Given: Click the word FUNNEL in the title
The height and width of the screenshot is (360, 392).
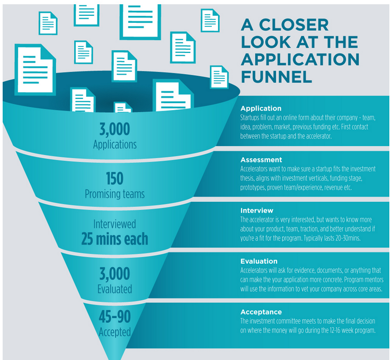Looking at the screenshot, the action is [277, 76].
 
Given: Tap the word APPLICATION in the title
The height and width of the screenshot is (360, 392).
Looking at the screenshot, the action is [300, 59].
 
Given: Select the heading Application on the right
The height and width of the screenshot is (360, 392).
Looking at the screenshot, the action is [261, 109].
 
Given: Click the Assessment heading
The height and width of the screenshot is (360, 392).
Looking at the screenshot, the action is [261, 160].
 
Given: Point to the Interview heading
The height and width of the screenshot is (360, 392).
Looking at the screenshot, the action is [257, 210].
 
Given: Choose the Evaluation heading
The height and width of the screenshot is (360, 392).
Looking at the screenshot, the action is [259, 262].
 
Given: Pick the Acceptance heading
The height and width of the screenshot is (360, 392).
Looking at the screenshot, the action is [261, 312].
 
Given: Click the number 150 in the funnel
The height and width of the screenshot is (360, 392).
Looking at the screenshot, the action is [114, 178].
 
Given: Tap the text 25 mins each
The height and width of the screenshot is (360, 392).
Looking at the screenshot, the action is [115, 239].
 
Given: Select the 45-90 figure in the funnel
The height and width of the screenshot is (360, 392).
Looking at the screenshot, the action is [115, 317].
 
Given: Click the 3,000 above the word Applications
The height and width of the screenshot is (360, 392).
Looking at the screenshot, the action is [115, 129].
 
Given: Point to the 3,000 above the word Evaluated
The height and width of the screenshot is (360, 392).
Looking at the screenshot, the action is [115, 274].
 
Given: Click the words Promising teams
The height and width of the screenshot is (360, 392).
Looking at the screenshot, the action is [115, 194].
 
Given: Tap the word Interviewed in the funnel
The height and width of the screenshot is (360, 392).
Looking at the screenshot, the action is [115, 224].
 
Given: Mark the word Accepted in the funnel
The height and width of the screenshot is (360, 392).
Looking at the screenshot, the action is [115, 332].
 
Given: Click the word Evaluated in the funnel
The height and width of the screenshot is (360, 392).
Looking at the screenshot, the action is [115, 289].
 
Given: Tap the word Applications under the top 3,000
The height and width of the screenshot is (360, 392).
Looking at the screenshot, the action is [115, 145].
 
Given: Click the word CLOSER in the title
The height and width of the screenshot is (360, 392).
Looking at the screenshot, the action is [294, 25].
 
